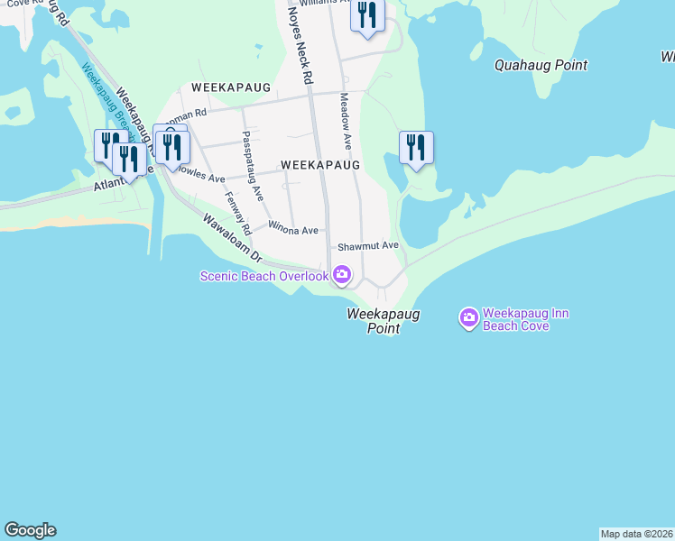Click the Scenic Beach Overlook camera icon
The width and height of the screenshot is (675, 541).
pos(342,274)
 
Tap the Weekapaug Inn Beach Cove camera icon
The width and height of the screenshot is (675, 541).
pos(468,316)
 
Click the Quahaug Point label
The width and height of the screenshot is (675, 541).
pos(541,65)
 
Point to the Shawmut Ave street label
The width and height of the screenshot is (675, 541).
pos(367,245)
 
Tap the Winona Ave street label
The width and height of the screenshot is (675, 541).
pos(292,230)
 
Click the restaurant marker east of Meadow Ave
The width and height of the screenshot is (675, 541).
pos(416,147)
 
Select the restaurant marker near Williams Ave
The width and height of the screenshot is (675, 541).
pos(367,16)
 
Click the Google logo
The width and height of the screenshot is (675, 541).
pos(30,530)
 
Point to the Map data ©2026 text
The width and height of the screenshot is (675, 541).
pos(636,534)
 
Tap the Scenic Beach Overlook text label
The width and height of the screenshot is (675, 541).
pos(264,276)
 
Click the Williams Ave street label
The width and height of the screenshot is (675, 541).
pos(324,3)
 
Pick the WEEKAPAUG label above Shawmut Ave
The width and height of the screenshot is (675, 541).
pos(320,165)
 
